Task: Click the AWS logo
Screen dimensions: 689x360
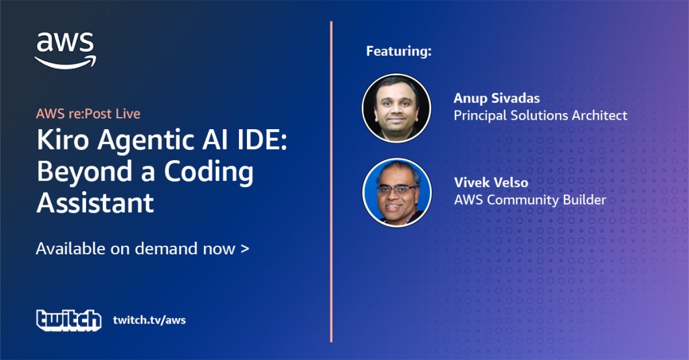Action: point(65,50)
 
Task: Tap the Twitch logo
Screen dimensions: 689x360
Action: point(69,320)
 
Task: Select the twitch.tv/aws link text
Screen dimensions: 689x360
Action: point(149,320)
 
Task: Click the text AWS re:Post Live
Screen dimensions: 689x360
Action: point(88,114)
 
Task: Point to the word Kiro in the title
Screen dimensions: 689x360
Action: point(63,140)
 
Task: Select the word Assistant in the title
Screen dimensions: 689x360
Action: point(96,203)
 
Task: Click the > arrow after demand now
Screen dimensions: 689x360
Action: point(245,249)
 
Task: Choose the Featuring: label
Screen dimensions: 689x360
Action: point(399,51)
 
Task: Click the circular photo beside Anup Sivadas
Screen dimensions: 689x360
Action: point(396,108)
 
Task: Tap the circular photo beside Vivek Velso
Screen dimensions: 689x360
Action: point(397,192)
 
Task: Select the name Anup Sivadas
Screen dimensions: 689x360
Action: point(497,98)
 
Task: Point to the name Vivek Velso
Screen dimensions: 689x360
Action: point(491,182)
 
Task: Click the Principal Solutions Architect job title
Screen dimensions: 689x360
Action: point(540,115)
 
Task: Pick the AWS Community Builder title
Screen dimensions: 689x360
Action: point(530,200)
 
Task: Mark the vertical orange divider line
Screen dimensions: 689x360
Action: point(331,182)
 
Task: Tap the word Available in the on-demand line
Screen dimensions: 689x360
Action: point(71,249)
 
